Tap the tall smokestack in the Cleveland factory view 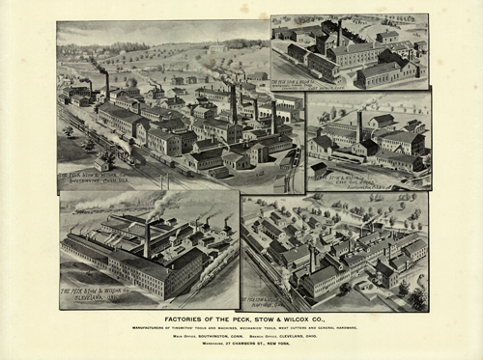[x=147, y=237]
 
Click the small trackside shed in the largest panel [x=100, y=165]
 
